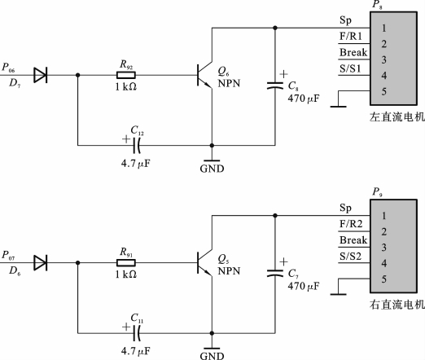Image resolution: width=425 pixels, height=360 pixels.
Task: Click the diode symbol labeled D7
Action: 40,75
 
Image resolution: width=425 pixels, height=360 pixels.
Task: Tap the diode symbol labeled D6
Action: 40,262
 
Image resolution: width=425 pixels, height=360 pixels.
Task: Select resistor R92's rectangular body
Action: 126,75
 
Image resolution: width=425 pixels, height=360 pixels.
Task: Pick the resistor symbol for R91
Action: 126,262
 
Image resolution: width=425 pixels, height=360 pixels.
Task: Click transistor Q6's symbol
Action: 204,75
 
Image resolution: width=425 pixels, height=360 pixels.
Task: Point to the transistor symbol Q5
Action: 204,262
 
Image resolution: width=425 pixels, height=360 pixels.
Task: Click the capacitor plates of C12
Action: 137,145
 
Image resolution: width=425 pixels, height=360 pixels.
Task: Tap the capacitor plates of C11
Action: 137,333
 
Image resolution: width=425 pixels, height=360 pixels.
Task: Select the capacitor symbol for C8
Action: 275,86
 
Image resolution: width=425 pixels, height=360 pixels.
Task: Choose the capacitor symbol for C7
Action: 275,273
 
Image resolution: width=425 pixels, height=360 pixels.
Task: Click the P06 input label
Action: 8,68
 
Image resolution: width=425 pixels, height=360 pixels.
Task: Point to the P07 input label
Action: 8,255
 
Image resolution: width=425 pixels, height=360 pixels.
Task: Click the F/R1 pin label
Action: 351,36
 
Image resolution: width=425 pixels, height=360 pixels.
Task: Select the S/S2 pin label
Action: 351,256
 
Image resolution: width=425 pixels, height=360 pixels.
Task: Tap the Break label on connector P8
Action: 353,52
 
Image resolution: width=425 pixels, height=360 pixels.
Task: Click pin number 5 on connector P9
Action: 383,279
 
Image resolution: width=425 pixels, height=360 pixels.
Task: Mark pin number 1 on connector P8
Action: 383,28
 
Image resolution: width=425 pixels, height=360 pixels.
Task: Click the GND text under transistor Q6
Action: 212,169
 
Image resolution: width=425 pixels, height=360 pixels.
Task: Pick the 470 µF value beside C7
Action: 304,286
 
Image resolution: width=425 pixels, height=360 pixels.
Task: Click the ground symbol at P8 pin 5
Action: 338,107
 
